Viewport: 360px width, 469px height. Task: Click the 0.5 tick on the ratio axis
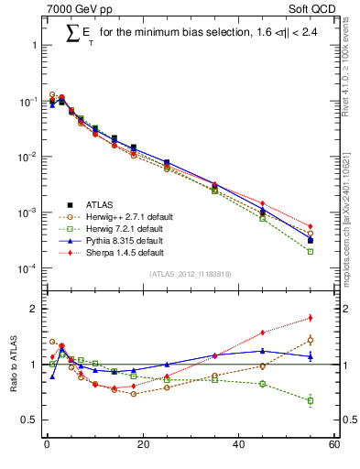(31, 420)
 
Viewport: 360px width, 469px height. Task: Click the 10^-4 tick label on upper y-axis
(27, 268)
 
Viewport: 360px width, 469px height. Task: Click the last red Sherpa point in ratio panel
(311, 318)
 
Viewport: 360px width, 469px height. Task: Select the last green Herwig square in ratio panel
(311, 400)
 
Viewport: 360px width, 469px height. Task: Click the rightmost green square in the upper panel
(311, 251)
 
